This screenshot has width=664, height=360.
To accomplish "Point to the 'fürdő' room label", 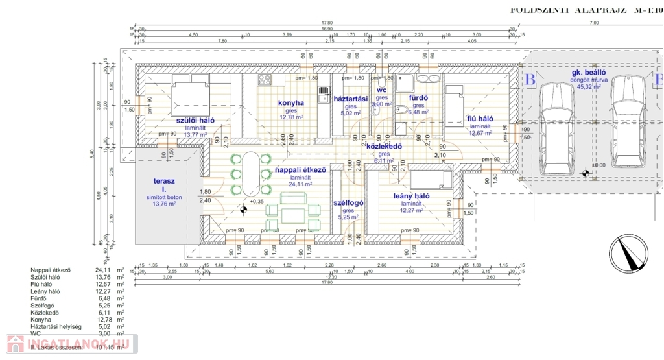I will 417,98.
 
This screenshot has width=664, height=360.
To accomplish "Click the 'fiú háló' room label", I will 480,119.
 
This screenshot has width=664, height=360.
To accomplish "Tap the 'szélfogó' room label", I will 348,202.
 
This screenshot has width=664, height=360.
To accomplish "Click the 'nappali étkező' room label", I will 300,170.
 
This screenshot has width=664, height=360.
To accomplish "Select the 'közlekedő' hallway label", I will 385,146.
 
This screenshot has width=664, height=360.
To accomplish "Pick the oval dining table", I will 250,173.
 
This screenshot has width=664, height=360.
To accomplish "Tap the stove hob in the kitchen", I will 265,80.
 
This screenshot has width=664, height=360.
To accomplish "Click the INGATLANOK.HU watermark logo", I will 68,343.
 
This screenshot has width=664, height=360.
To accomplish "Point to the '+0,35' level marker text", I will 257,202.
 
